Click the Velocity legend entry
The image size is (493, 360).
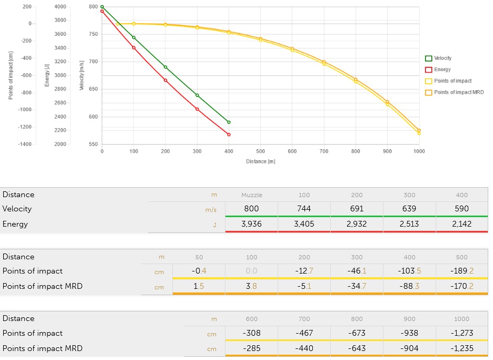coord(442,59)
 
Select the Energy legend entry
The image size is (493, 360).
coord(442,70)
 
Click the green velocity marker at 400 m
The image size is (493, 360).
coord(229,122)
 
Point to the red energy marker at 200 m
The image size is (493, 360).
coord(165,80)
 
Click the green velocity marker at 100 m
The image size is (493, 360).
coord(134,37)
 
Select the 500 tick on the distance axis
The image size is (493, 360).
coord(260,151)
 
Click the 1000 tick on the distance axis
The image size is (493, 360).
coord(419,151)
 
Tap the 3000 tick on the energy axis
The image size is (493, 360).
coord(60,75)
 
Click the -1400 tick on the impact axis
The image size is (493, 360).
coord(25,144)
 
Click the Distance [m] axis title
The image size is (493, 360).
coord(260,161)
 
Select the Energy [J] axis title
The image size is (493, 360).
coord(47,75)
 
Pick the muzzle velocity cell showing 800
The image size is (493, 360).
coord(251,209)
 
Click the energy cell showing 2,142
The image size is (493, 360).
coord(461,224)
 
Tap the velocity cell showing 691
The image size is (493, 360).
coord(357,209)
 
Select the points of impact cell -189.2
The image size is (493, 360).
coord(461,271)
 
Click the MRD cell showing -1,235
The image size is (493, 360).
coord(461,348)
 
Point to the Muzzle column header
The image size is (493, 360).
coord(251,194)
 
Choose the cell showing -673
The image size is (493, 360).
coord(357,333)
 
